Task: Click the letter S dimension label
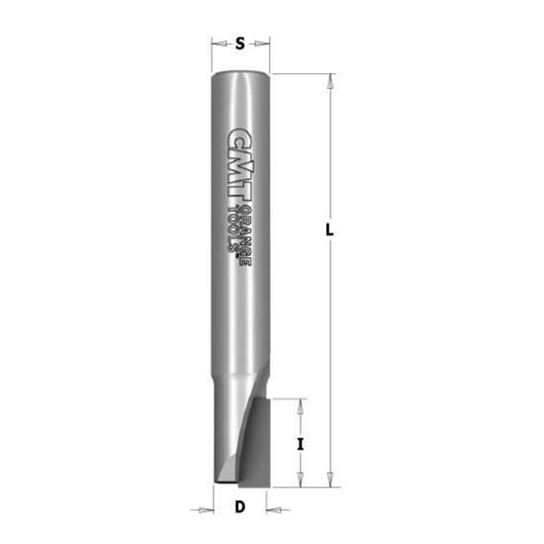241,44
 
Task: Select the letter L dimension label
329,229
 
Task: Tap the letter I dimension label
299,444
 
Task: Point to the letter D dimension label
239,509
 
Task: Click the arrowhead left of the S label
218,44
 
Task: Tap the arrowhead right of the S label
263,44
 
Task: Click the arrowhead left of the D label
208,510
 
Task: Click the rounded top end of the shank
241,74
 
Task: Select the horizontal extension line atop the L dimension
302,73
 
